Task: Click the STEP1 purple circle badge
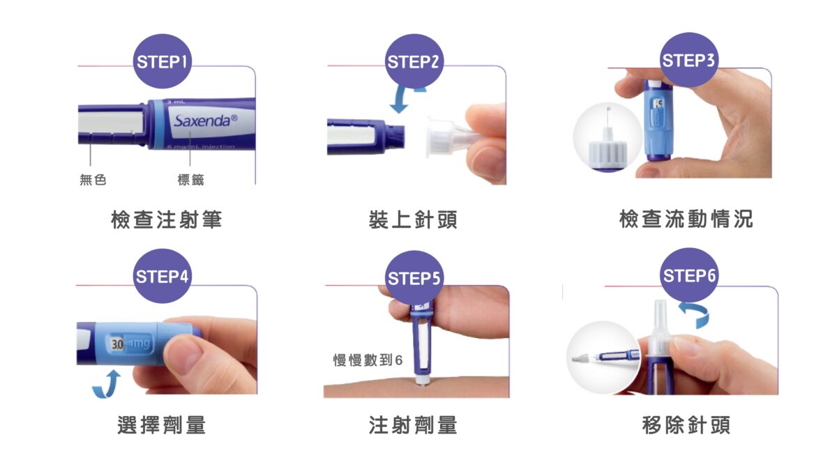(163, 61)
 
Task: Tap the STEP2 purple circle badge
(414, 61)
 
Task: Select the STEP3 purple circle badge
(688, 60)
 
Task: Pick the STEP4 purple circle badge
(163, 276)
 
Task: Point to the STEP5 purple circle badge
(414, 279)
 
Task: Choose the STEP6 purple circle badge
(688, 276)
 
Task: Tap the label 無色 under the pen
(93, 180)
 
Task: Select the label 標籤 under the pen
(190, 180)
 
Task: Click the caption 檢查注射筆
(167, 220)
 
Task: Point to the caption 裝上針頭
(414, 220)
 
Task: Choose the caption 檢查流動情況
(686, 220)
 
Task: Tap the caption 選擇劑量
(162, 424)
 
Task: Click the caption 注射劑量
(414, 424)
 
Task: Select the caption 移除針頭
(686, 424)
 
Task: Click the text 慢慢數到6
(368, 360)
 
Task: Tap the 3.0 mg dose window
(130, 344)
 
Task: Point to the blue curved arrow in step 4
(106, 384)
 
